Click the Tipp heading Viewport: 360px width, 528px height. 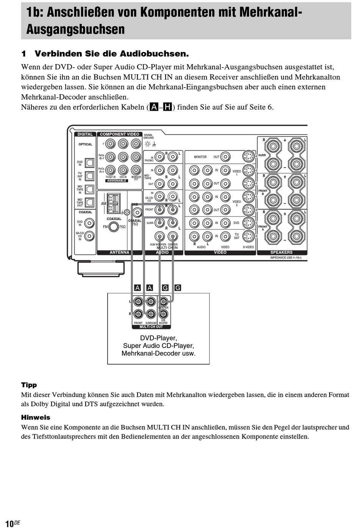pyautogui.click(x=29, y=385)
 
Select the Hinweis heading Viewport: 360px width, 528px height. pyautogui.click(x=36, y=417)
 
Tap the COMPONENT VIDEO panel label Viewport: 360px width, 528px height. pyautogui.click(x=119, y=134)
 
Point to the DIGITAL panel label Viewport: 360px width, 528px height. pyautogui.click(x=85, y=134)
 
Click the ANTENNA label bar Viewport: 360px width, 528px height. pyautogui.click(x=119, y=252)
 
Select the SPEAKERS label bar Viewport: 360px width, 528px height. pyautogui.click(x=282, y=252)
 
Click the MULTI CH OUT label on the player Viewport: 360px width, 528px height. pyautogui.click(x=151, y=327)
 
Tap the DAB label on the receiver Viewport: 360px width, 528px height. pyautogui.click(x=135, y=205)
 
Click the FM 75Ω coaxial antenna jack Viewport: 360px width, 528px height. pyautogui.click(x=113, y=227)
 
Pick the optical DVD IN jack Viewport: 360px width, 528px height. pyautogui.click(x=89, y=163)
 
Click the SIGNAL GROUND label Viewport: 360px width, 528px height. pyautogui.click(x=149, y=136)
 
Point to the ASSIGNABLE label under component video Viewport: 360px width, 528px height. pyautogui.click(x=116, y=181)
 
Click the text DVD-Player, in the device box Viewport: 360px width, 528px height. pyautogui.click(x=158, y=338)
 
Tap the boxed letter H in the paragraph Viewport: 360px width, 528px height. pyautogui.click(x=167, y=107)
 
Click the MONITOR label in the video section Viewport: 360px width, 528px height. pyautogui.click(x=200, y=157)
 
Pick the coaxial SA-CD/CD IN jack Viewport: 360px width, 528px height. pyautogui.click(x=89, y=236)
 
